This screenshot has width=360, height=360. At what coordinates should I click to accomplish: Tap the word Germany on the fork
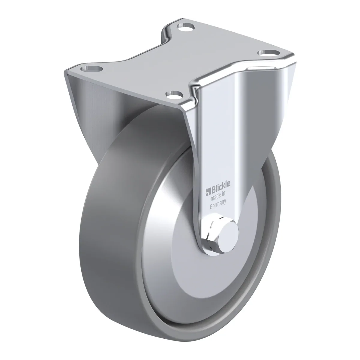click(218, 204)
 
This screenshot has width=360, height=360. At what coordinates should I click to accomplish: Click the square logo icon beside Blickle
click(208, 192)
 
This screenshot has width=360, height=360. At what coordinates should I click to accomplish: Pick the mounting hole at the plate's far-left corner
click(91, 69)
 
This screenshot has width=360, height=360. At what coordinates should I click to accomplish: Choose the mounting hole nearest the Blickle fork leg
click(174, 94)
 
